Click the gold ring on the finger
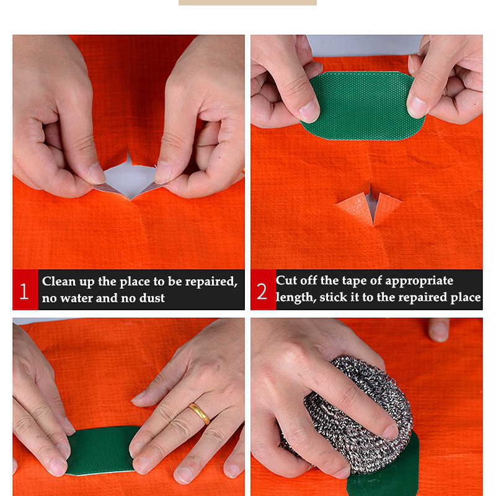point(199,413)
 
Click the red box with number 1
point(25,290)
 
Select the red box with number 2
point(263,290)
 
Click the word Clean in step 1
point(59,281)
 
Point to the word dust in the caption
point(152,298)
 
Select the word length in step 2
point(296,298)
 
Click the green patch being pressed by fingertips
point(101,450)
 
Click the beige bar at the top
point(247,2)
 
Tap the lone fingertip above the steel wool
point(439,330)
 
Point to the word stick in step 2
point(334,297)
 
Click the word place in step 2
point(466,298)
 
